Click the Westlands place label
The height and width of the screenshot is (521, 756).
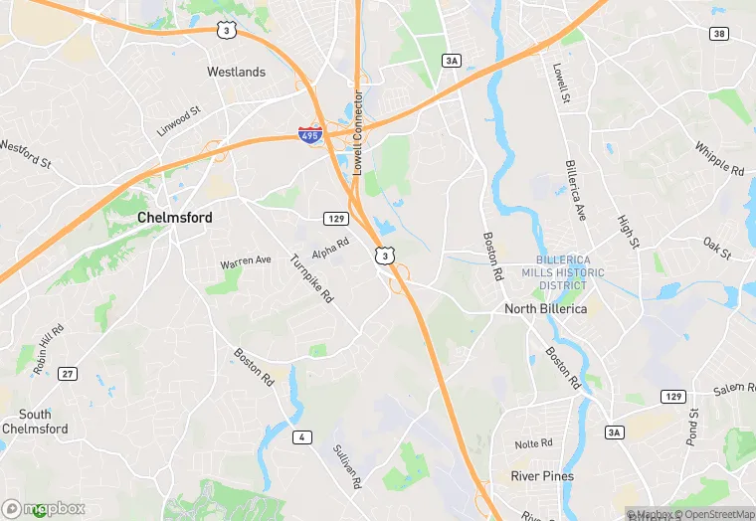pos(236,72)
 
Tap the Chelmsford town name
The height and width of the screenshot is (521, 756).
pos(174,217)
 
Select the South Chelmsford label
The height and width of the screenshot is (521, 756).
pos(35,422)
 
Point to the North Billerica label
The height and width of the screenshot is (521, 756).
pos(545,308)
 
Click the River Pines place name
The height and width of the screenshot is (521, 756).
pos(542,476)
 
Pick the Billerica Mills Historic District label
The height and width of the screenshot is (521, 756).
pos(563,272)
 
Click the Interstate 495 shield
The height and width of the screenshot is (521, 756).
pos(311,134)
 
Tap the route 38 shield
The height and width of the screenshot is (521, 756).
pos(718,34)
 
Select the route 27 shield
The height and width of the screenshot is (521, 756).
pos(67,373)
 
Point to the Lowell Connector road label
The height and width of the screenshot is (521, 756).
pos(357,134)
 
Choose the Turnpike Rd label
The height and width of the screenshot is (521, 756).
pos(311,278)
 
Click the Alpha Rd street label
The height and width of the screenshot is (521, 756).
pos(331,247)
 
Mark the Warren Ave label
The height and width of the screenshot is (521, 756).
pos(246,261)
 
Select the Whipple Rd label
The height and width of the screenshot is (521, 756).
pos(718,157)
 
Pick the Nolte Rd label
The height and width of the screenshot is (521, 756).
pos(533,443)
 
